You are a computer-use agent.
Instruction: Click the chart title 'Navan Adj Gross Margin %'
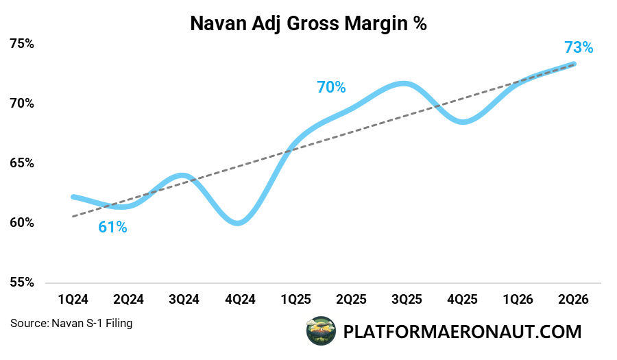click(308, 24)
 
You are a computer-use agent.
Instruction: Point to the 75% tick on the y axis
click(22, 44)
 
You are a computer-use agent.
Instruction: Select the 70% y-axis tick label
click(22, 104)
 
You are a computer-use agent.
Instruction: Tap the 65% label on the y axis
click(22, 163)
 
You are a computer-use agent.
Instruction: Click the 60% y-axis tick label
click(22, 223)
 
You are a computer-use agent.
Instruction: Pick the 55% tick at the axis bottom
click(22, 283)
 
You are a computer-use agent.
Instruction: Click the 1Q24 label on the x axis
click(73, 300)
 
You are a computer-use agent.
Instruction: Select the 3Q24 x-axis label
click(184, 300)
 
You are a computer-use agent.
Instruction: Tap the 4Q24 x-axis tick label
click(239, 300)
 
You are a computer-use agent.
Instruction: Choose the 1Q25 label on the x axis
click(295, 300)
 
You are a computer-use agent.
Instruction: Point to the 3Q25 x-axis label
click(407, 300)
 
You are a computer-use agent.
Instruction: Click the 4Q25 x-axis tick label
click(462, 300)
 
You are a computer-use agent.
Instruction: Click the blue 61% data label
click(112, 227)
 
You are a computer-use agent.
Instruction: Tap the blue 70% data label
click(331, 87)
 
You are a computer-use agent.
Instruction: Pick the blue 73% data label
click(578, 47)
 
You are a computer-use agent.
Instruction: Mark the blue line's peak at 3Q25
click(405, 84)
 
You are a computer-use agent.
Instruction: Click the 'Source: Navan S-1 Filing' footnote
click(71, 323)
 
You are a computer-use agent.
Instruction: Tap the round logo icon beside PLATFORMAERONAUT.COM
click(320, 332)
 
